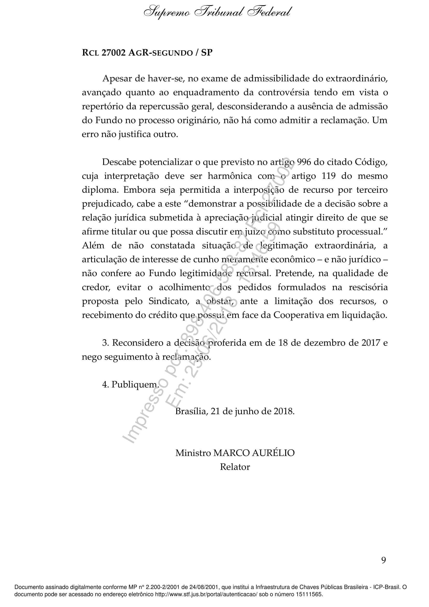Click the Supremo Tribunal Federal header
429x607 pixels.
pyautogui.click(x=217, y=12)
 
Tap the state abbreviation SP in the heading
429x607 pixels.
pyautogui.click(x=207, y=53)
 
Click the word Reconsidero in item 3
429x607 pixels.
pyautogui.click(x=138, y=343)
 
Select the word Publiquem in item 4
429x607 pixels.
pyautogui.click(x=134, y=384)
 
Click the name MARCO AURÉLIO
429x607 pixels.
pyautogui.click(x=254, y=453)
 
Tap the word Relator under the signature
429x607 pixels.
pyautogui.click(x=235, y=467)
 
